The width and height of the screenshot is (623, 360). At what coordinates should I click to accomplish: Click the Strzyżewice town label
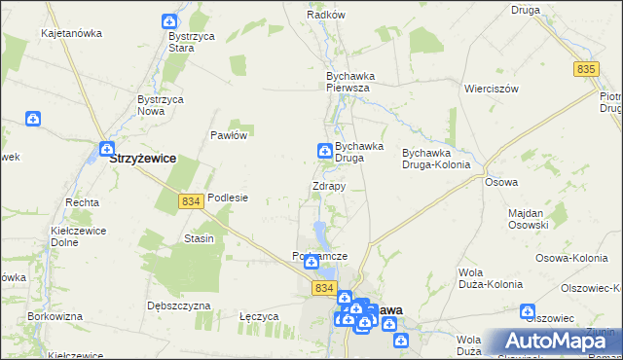pos(143,158)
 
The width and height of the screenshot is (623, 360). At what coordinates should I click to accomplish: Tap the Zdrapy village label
pos(329,186)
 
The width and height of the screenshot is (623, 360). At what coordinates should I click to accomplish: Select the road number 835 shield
pos(585,68)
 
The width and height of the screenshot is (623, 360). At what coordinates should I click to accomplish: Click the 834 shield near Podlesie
pos(191,200)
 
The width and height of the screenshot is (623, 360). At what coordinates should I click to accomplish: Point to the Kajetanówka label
pos(71,33)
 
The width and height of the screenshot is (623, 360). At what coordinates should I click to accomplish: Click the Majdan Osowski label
pos(531,218)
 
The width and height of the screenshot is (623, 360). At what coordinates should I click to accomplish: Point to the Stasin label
pos(199,238)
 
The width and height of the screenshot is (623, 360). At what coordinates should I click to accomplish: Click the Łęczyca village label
pos(259,317)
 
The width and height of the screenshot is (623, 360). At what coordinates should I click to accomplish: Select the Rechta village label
pos(82,202)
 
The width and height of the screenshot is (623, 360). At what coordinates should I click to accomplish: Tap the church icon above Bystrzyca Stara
pos(169,20)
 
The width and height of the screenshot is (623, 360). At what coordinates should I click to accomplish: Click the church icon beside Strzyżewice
pos(105,149)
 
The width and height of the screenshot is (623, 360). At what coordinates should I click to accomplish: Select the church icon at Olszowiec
pos(528,312)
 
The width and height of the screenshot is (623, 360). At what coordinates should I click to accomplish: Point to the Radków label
pos(326,16)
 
